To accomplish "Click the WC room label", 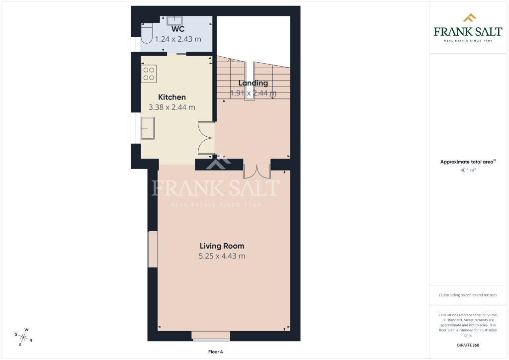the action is point(178,29).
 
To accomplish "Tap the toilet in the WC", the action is point(147,33).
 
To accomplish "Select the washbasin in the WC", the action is point(174,20).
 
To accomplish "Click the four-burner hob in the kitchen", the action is point(149,74).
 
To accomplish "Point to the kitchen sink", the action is point(148,128).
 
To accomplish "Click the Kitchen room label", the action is point(172,97).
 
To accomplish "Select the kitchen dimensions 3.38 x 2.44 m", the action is point(172,107).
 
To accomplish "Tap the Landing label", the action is point(253,83).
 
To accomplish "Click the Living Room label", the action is point(222,246).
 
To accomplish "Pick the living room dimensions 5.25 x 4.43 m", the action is point(222,256).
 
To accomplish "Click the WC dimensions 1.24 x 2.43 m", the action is point(178,39).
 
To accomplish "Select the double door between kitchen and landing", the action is point(206,138).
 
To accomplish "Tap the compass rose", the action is point(23,337).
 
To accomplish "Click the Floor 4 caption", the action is point(216,352).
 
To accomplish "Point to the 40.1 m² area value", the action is point(468,170).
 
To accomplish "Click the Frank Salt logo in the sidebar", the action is point(468,28).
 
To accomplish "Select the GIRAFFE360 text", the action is point(468,345).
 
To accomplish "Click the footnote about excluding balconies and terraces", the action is point(468,295).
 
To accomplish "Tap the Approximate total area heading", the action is point(468,162).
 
